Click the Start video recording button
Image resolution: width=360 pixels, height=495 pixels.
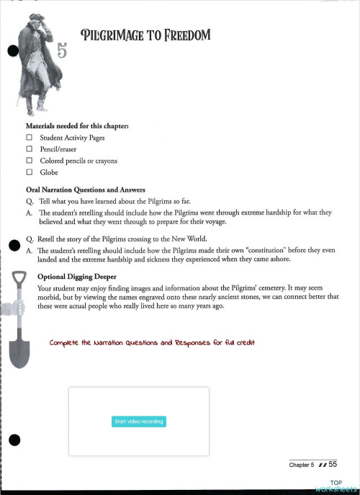[x=139, y=422]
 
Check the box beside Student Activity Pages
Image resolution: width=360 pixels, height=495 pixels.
[x=30, y=137]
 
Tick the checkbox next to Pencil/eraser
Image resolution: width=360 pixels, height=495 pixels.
[x=30, y=149]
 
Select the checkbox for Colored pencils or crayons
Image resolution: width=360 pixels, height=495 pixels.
[x=30, y=161]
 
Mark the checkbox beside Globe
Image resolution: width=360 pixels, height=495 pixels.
[x=30, y=173]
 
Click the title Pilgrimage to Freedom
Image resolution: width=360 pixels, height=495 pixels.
[x=145, y=34]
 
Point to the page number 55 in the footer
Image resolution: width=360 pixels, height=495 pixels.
[x=333, y=465]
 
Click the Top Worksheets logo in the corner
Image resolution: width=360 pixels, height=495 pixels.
[x=336, y=486]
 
